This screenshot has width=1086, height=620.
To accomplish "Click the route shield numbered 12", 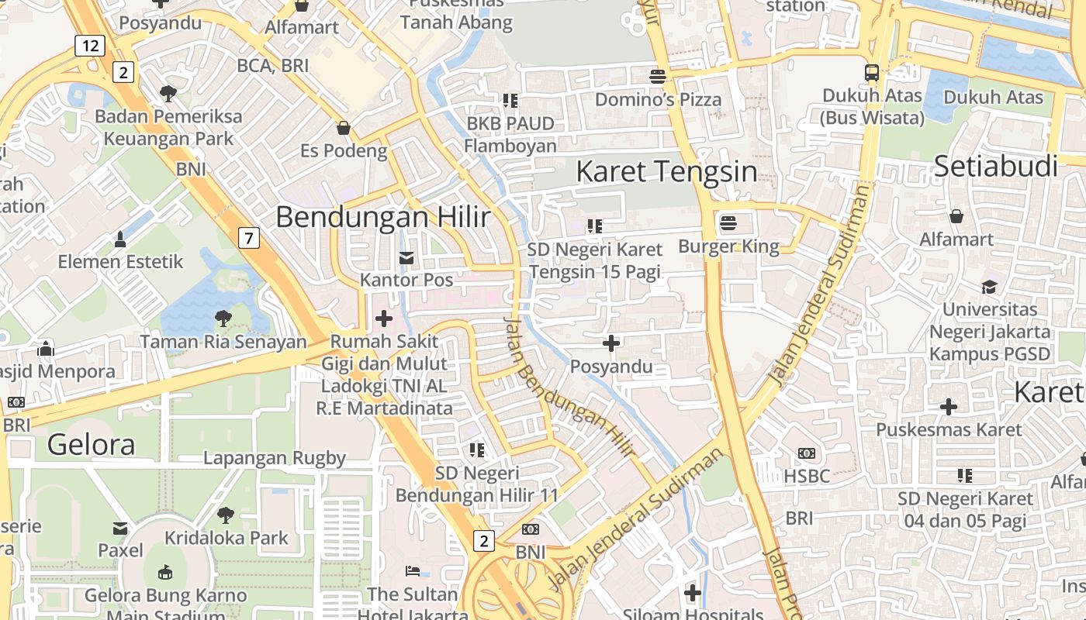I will tap(90, 46).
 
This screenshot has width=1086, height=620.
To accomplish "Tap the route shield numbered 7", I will tap(248, 238).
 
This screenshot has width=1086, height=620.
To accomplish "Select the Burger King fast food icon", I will tap(728, 224).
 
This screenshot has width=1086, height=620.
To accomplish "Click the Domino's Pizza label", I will tap(658, 99).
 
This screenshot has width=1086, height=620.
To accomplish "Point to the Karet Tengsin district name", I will tap(666, 171).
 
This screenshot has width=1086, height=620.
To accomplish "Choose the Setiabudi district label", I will tap(996, 166).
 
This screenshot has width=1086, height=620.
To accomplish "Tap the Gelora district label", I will tap(91, 444).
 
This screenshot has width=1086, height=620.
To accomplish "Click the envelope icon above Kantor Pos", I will tap(406, 258).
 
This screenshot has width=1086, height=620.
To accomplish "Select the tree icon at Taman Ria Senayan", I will tap(223, 318).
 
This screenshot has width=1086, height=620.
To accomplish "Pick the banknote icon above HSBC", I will tap(807, 453).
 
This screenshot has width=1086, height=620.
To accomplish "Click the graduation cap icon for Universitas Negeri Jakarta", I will tap(989, 287).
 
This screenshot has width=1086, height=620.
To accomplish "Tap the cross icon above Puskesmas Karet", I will tap(948, 406).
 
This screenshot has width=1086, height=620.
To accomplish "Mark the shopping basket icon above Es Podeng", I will tap(343, 127).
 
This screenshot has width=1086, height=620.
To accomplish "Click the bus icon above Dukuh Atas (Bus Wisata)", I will tap(872, 73).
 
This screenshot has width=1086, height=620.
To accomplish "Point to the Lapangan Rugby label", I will tap(274, 458).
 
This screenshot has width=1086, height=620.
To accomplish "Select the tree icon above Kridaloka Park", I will tap(226, 515).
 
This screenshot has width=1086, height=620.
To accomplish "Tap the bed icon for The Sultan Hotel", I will tap(413, 571).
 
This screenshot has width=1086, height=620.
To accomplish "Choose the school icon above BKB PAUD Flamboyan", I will tap(510, 100).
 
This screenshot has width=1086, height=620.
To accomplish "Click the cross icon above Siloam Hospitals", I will tap(693, 594).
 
